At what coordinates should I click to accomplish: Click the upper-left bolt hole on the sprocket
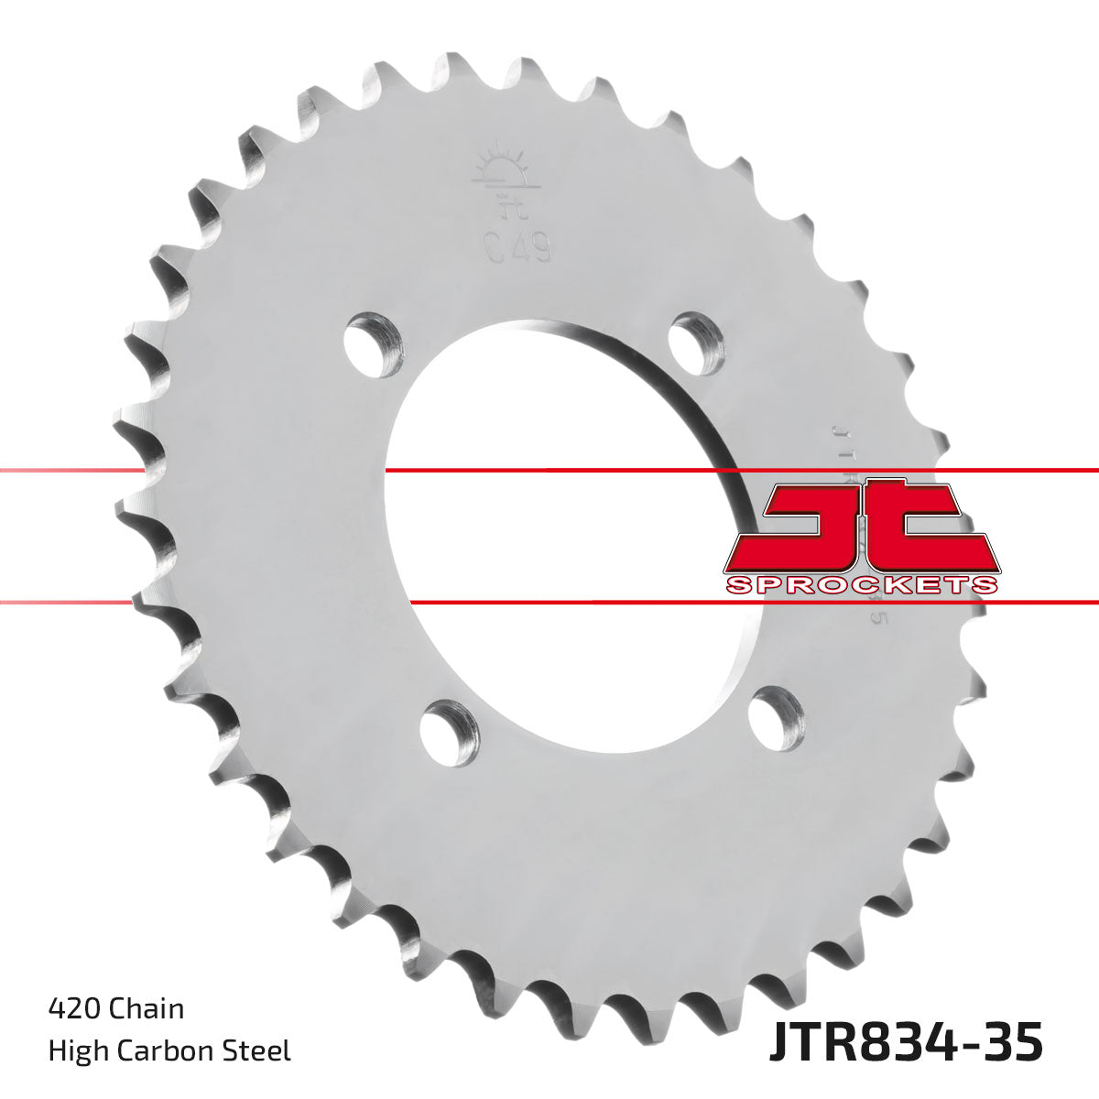tap(375, 343)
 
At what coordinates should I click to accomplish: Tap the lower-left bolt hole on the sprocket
tap(451, 732)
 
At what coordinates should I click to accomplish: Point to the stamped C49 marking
tap(517, 248)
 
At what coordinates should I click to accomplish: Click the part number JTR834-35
tap(905, 1045)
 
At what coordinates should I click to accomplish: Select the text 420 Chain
tap(115, 1008)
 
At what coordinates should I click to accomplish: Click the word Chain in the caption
tap(147, 1008)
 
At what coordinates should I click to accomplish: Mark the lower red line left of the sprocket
tap(64, 603)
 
